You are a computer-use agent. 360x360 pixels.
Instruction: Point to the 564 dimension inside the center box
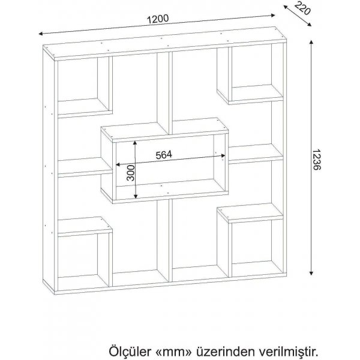click(x=164, y=154)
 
